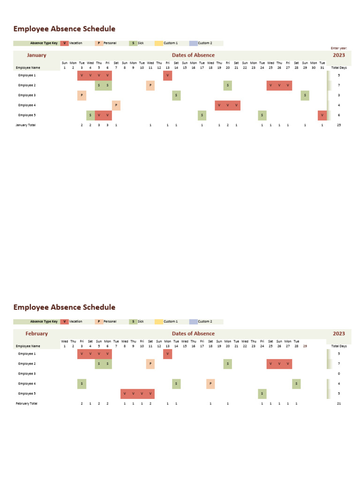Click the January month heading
pos(37,55)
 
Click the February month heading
pos(37,333)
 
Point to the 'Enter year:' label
pos(338,48)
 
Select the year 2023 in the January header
pos(338,55)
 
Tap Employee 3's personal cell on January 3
pos(82,95)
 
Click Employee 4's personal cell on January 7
pos(116,105)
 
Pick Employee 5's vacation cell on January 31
pos(322,115)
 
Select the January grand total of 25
pos(338,125)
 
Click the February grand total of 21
pos(338,404)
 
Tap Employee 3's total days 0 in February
pos(338,374)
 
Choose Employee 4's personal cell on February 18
pos(210,383)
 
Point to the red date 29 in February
pos(305,346)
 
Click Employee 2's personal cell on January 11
pos(150,85)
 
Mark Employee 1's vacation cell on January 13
pos(167,75)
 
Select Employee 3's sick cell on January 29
pos(305,95)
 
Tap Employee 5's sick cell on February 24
pos(262,393)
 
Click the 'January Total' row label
pos(25,125)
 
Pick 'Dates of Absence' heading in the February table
pos(193,333)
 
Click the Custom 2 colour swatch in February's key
pos(193,322)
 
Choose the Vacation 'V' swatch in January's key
pos(64,43)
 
